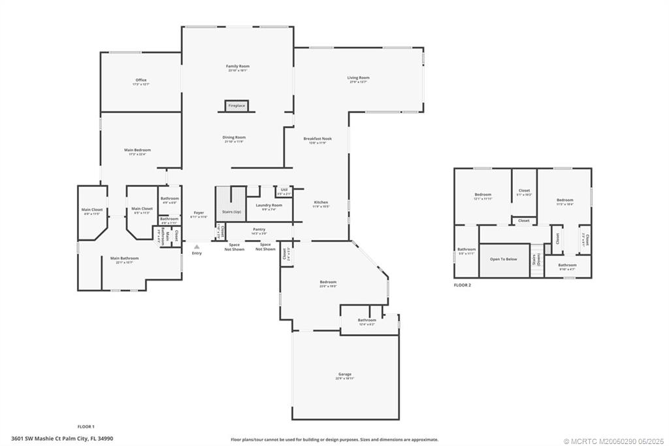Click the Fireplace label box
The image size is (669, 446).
coord(236,105)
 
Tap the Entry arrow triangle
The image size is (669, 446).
coord(196,247)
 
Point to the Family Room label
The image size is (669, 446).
coord(238,67)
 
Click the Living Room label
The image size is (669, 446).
coord(358,78)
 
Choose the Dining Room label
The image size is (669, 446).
coord(235,137)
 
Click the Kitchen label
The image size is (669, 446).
coord(321,202)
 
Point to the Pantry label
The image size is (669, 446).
coord(259,230)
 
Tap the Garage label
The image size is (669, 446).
coord(344,374)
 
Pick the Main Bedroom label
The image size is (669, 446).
coord(137,150)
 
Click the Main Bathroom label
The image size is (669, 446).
coord(124,258)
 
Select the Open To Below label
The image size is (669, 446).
coord(503,259)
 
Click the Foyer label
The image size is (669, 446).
coord(199,213)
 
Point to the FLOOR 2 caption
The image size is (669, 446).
coord(462,285)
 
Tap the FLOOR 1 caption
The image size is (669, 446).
coord(86,426)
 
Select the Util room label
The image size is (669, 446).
coord(284,190)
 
